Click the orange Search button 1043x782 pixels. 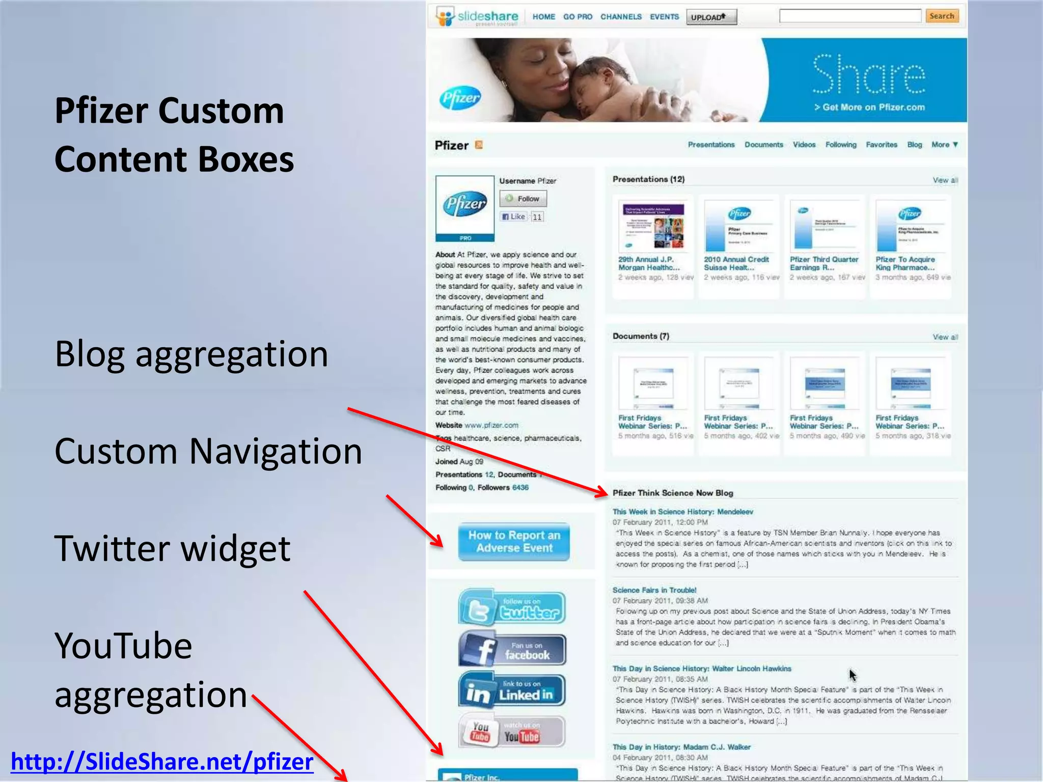pos(942,16)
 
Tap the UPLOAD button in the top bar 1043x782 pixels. pos(711,17)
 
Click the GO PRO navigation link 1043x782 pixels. pos(578,17)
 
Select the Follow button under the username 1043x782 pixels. pos(523,199)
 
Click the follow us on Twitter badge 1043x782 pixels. pos(512,607)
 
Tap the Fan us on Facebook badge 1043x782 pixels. pos(512,650)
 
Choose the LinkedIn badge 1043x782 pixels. pos(512,690)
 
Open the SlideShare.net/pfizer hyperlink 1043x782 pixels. pos(162,762)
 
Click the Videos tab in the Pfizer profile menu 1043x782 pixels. pos(804,145)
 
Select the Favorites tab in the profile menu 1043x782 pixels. pos(882,145)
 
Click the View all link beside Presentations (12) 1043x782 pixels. pos(945,180)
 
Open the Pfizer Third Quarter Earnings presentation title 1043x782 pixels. pos(824,263)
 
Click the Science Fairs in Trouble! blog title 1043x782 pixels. pos(654,590)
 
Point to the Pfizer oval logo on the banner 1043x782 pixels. pos(460,97)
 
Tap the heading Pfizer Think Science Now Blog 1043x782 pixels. pos(673,493)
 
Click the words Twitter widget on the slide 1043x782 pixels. pos(172,549)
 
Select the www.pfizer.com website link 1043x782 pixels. pos(491,425)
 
